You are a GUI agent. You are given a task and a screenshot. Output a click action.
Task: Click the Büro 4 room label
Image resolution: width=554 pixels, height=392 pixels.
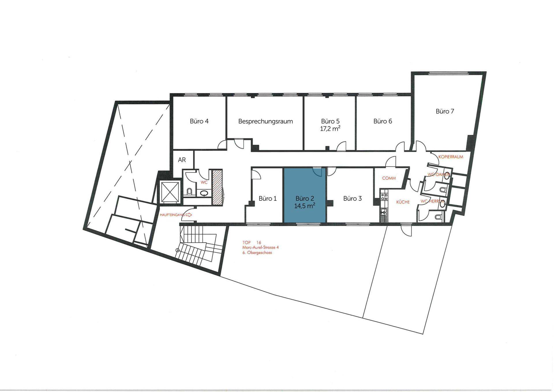click(x=199, y=121)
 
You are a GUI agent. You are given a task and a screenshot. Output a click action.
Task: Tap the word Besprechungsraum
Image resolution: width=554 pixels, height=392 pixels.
click(x=265, y=121)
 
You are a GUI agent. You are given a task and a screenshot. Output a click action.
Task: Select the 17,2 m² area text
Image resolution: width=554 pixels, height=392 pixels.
click(x=330, y=129)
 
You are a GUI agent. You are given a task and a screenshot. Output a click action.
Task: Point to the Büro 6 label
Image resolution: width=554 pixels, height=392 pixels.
click(x=383, y=121)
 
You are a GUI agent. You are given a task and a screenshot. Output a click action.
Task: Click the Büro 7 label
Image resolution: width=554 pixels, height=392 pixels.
click(x=445, y=111)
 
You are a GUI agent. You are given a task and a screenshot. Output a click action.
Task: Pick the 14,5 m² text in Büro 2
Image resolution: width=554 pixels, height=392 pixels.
click(x=304, y=206)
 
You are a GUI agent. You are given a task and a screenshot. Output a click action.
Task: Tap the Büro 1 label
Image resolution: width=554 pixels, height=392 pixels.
click(x=267, y=198)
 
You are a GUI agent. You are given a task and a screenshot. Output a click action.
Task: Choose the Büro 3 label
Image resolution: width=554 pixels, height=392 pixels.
click(x=352, y=198)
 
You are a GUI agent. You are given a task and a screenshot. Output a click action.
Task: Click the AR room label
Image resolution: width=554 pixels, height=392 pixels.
click(x=182, y=160)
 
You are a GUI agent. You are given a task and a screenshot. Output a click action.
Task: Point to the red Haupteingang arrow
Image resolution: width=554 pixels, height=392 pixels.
click(x=189, y=215)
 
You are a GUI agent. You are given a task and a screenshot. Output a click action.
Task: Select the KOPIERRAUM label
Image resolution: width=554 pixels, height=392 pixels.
click(x=451, y=157)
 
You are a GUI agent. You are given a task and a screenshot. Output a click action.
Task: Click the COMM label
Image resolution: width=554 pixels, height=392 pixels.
click(x=389, y=178)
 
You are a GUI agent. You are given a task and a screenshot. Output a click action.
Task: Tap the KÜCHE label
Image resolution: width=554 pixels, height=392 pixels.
click(x=403, y=202)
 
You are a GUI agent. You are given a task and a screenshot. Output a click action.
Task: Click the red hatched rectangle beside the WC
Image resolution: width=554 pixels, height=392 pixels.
click(x=217, y=187)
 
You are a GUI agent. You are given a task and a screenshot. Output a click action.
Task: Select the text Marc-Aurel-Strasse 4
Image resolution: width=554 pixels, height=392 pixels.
click(x=261, y=247)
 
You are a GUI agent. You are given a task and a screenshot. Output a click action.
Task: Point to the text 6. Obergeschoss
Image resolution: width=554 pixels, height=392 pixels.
click(x=257, y=253)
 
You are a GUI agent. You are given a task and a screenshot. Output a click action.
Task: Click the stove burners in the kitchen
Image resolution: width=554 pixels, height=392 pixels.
click(x=384, y=197)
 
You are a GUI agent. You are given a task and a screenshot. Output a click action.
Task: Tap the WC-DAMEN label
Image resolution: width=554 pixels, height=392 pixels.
click(x=439, y=175)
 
